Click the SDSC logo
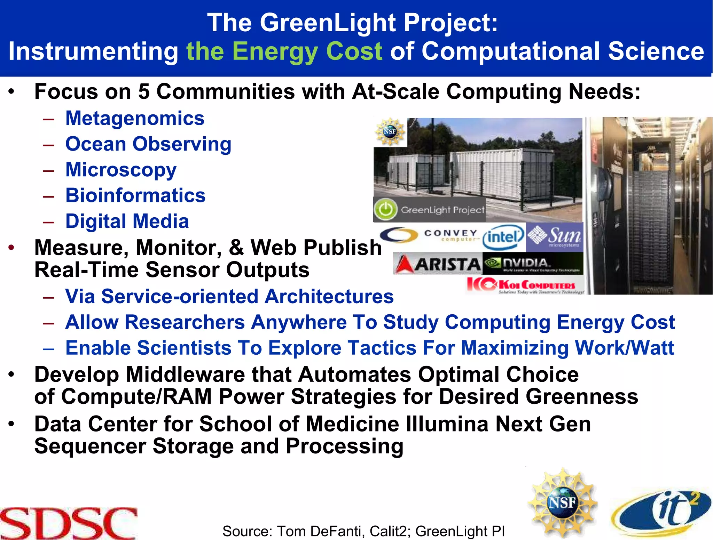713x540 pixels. (x=69, y=523)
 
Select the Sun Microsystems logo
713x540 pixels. (x=554, y=237)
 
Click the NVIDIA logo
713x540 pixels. (x=533, y=264)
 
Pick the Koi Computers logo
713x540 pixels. (x=525, y=285)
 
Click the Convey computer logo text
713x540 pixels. (x=451, y=235)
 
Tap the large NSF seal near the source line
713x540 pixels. (x=562, y=503)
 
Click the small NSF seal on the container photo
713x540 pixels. (x=390, y=132)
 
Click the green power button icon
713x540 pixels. (x=385, y=210)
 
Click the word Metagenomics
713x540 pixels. (x=135, y=118)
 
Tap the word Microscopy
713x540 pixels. (x=121, y=170)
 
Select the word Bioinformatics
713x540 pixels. (x=135, y=195)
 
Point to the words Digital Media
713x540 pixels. (x=127, y=221)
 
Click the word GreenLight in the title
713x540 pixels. (x=328, y=23)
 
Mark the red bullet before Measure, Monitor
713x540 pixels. (x=12, y=248)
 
